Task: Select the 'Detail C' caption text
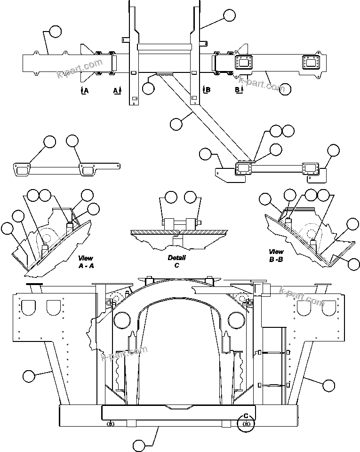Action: tap(177, 261)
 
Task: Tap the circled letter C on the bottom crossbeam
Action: tap(246, 416)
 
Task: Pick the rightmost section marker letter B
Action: tap(238, 89)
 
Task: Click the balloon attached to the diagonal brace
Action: tap(176, 124)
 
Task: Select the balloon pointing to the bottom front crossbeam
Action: tap(139, 444)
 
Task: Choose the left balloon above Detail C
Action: tap(171, 197)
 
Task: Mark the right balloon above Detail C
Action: tap(191, 197)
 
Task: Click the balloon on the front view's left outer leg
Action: tap(28, 376)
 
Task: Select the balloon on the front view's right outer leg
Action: tap(329, 385)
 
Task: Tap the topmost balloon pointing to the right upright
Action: tap(229, 16)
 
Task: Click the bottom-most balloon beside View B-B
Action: tap(353, 264)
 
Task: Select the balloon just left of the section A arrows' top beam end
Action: tap(55, 32)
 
